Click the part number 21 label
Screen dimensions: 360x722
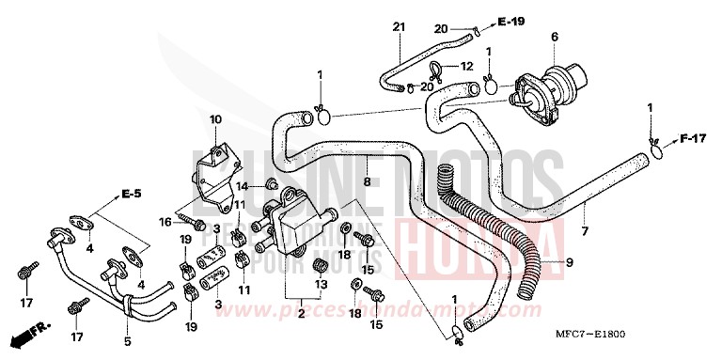click(x=397, y=26)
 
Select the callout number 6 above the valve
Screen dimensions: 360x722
click(x=554, y=37)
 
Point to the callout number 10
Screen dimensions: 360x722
click(x=214, y=119)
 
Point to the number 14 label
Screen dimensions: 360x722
click(x=241, y=186)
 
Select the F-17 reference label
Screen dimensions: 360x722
click(x=692, y=139)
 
